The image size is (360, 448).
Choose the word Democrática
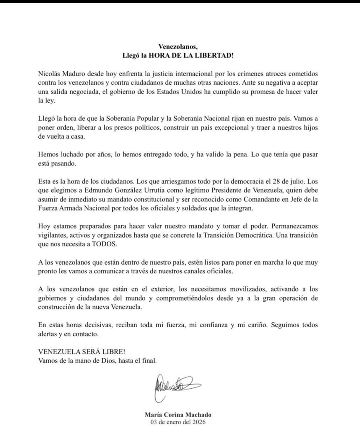tap(252, 236)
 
